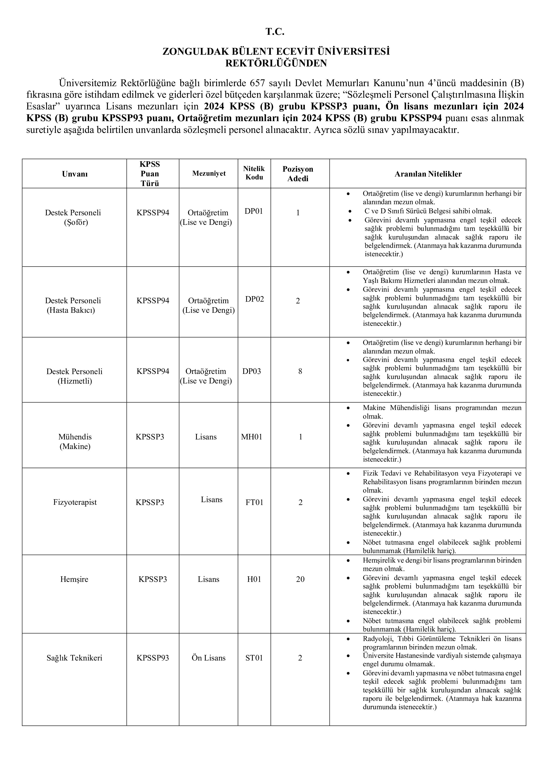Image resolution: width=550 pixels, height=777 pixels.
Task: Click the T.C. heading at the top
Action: [x=275, y=32]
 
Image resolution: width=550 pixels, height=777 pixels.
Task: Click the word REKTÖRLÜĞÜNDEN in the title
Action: [x=276, y=63]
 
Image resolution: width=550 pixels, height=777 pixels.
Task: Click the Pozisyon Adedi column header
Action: [x=298, y=174]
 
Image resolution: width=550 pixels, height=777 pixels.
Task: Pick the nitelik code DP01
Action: [x=254, y=211]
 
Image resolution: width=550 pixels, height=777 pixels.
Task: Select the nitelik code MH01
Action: [x=252, y=437]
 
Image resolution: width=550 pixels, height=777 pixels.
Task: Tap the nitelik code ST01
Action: [x=254, y=658]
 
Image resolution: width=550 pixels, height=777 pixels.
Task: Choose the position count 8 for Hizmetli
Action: [x=300, y=371]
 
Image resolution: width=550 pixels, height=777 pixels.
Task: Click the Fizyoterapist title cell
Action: [x=75, y=502]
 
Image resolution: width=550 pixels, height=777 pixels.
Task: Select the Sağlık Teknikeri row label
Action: [x=74, y=658]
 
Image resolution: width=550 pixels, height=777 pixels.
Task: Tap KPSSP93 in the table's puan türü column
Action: [x=153, y=658]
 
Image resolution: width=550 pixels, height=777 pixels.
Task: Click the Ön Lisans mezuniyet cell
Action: [x=208, y=658]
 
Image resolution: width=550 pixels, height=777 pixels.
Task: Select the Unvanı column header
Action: [x=75, y=174]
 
